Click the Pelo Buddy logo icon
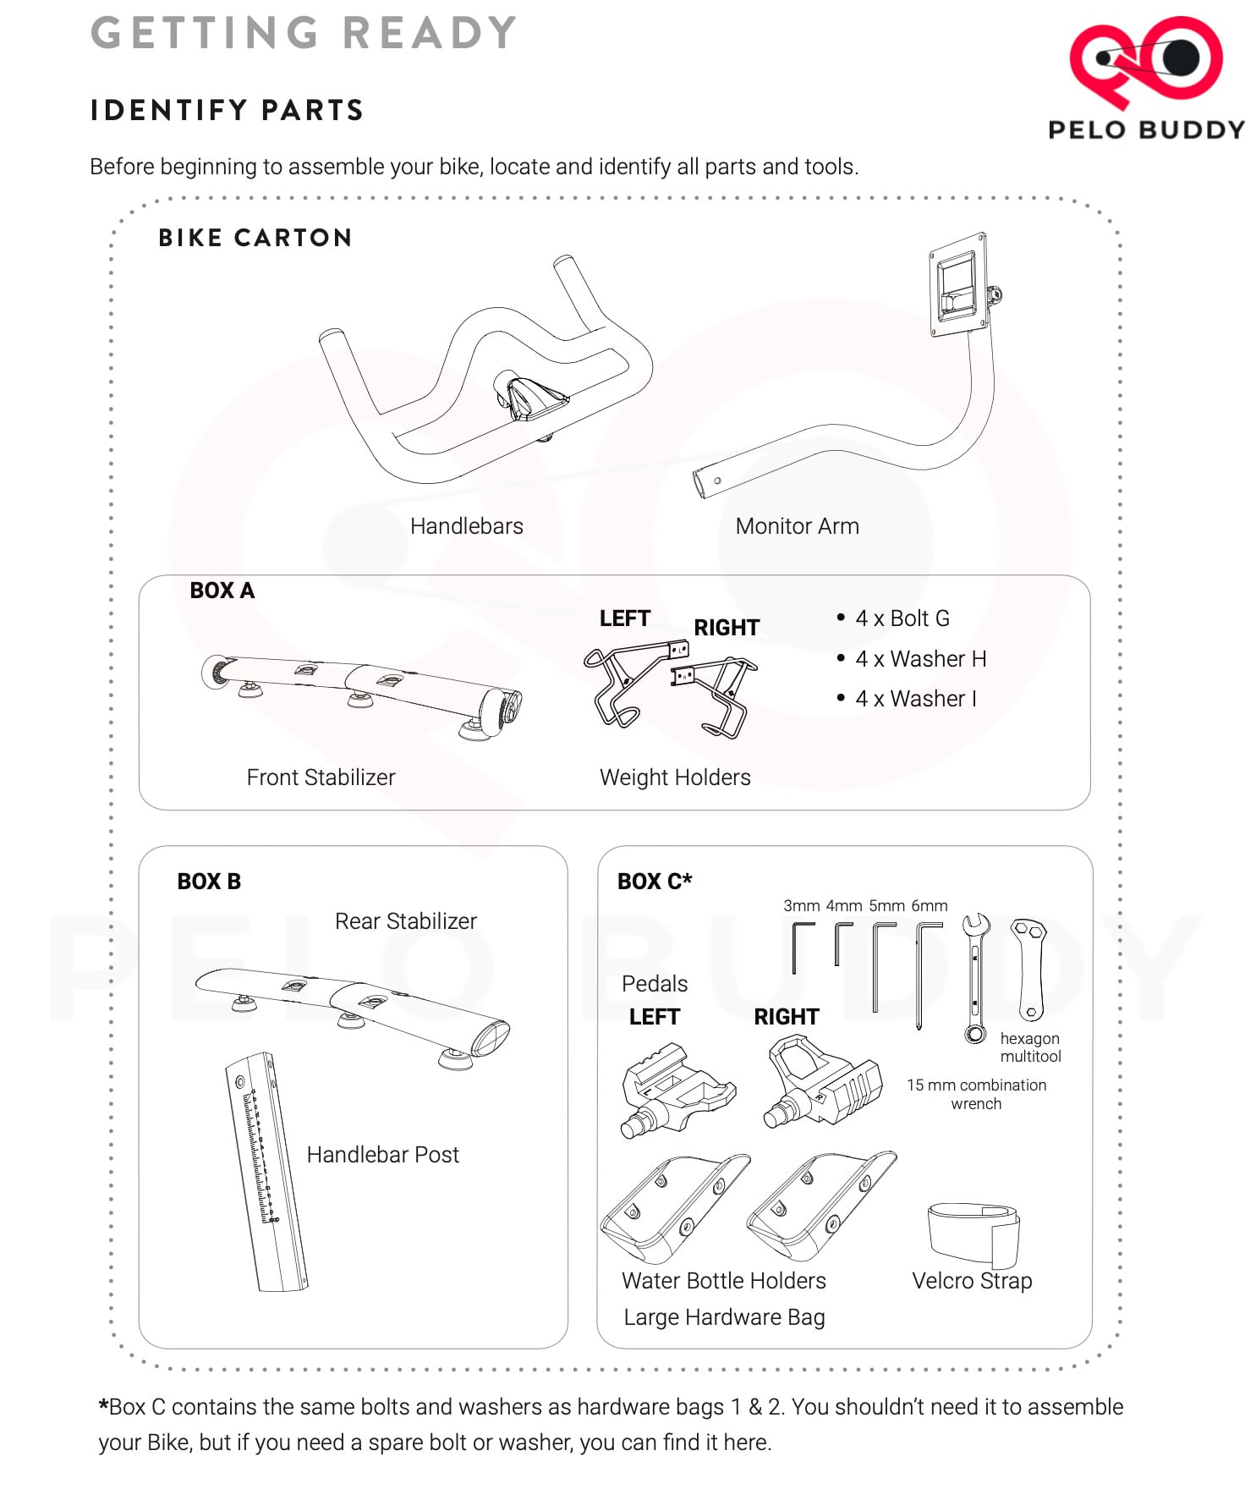point(1146,61)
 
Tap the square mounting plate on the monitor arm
point(958,284)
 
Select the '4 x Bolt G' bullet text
point(902,618)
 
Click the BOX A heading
point(222,591)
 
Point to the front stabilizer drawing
point(361,695)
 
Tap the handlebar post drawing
point(266,1172)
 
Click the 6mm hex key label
point(929,906)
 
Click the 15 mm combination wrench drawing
point(975,977)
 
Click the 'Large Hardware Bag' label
point(724,1317)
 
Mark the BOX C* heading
point(655,882)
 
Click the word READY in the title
point(430,33)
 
